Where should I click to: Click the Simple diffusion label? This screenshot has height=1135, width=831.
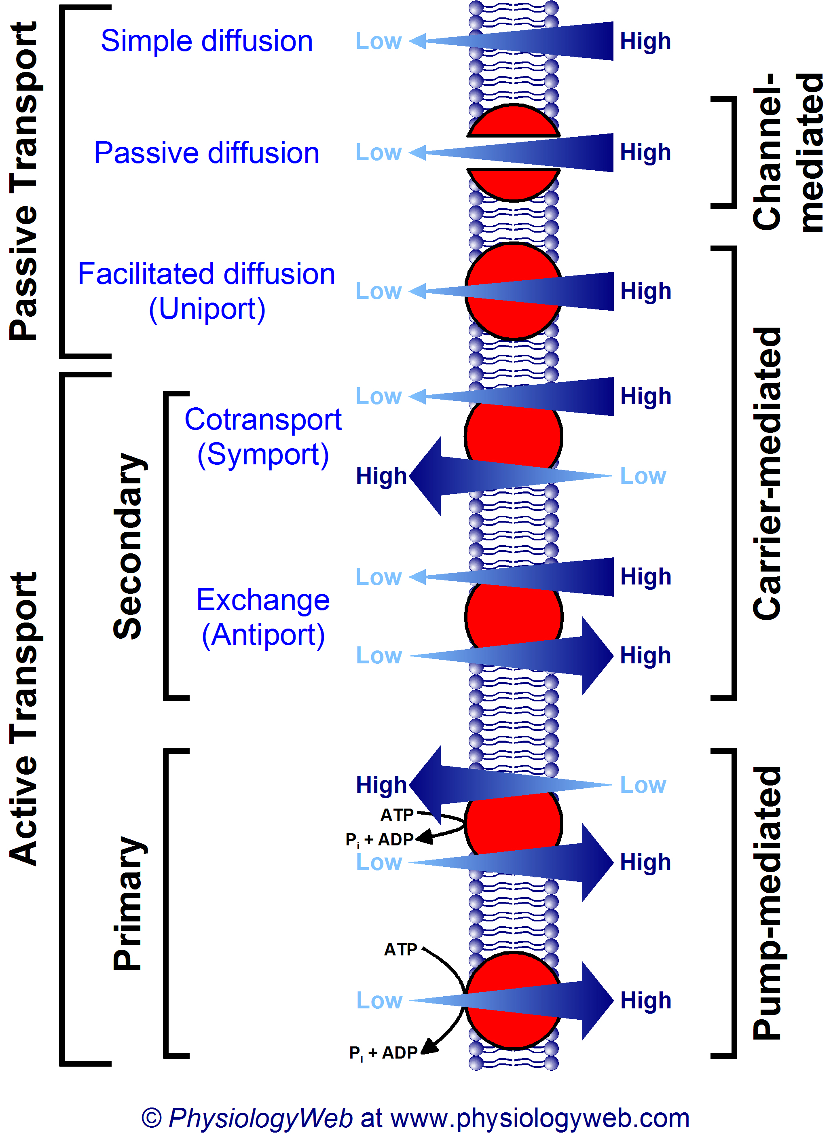(x=207, y=41)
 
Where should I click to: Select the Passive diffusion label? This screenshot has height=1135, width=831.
(x=207, y=152)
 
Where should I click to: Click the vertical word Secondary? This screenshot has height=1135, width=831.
(x=128, y=546)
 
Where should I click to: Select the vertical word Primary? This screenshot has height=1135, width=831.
(x=128, y=903)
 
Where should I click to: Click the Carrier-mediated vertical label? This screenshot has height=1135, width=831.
(x=768, y=473)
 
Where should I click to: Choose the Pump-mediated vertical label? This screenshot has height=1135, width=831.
(x=768, y=903)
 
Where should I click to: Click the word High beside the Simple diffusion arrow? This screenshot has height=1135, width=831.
(x=645, y=41)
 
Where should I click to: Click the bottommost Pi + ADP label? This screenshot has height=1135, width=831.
(x=383, y=1052)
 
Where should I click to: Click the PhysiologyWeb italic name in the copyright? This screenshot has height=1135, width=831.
(x=260, y=1118)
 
